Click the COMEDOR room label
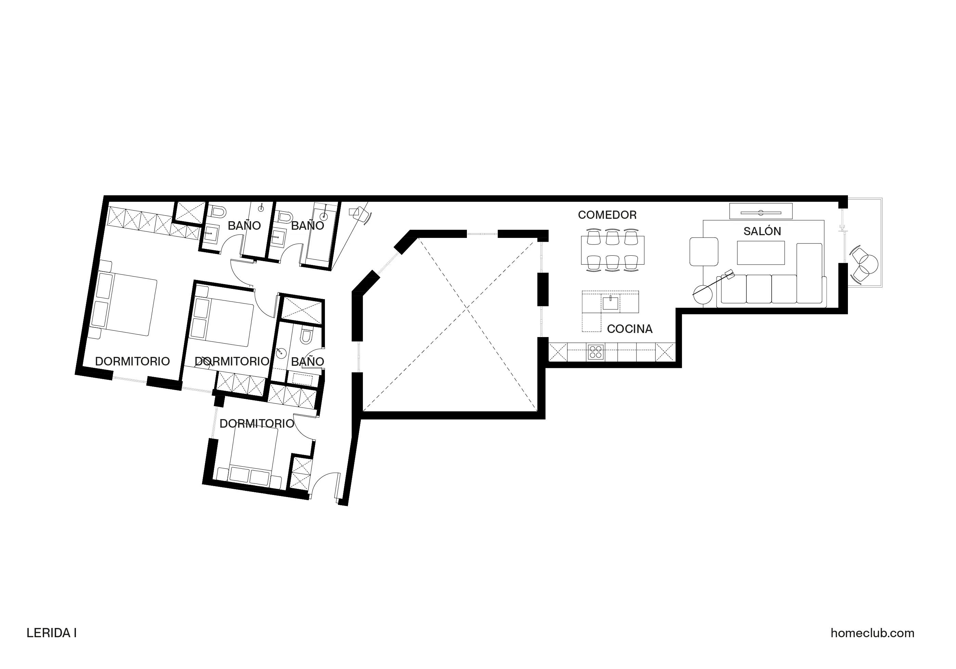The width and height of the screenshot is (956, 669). click(x=607, y=215)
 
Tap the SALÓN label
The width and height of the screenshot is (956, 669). click(x=762, y=231)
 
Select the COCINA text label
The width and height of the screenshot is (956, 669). click(x=630, y=329)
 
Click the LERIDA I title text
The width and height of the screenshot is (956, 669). click(x=52, y=633)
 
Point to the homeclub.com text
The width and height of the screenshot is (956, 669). click(x=872, y=633)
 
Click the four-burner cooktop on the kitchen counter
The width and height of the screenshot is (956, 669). click(x=596, y=352)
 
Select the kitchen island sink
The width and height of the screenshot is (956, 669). click(x=611, y=303)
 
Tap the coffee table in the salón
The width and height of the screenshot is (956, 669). click(x=761, y=253)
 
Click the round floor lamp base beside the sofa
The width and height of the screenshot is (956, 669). click(x=703, y=295)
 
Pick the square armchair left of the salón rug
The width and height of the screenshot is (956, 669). click(x=704, y=251)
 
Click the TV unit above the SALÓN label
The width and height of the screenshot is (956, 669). click(x=761, y=211)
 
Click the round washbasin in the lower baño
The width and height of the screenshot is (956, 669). click(x=281, y=353)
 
